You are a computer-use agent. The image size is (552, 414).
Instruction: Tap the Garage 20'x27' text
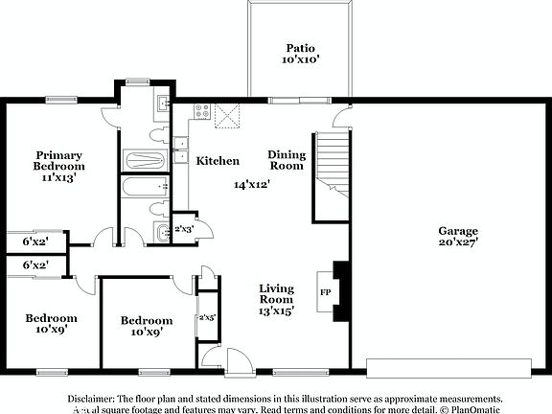click(x=457, y=236)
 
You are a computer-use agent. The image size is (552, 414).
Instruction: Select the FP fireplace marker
click(x=325, y=291)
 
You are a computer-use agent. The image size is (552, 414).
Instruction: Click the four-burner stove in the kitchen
click(x=202, y=111)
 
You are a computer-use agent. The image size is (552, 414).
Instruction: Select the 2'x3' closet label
click(x=184, y=229)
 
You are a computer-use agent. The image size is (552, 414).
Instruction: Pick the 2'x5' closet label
click(x=207, y=317)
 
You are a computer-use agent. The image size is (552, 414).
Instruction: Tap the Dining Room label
click(x=286, y=160)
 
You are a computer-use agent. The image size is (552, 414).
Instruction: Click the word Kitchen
click(x=218, y=161)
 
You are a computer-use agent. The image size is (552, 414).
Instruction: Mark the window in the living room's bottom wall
click(x=287, y=371)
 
